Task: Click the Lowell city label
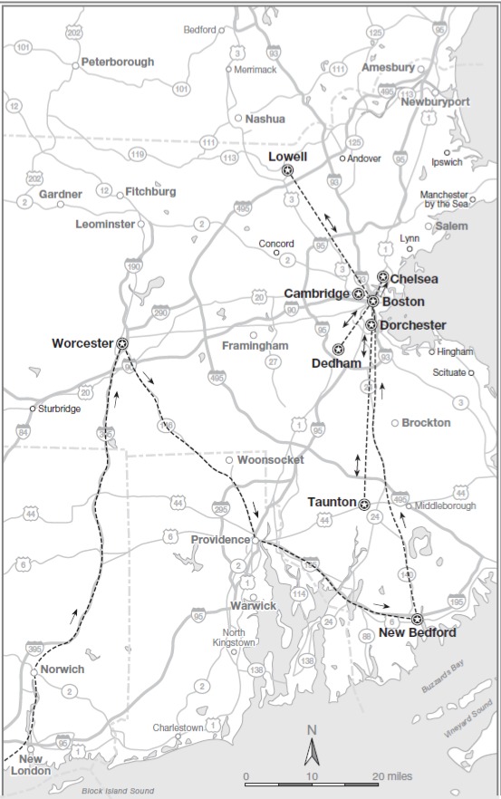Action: pos(288,157)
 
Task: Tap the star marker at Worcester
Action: pos(122,342)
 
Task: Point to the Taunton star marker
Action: pos(363,505)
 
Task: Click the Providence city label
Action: pos(220,540)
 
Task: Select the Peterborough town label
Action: pos(118,62)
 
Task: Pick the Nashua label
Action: pos(265,119)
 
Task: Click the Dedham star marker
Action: pos(338,349)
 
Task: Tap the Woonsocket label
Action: pos(269,460)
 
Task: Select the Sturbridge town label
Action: pos(59,409)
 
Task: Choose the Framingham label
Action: pos(255,346)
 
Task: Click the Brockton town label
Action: pos(426,423)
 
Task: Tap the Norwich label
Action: pos(62,669)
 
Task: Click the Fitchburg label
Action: pos(150,192)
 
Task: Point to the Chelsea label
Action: pos(414,279)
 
